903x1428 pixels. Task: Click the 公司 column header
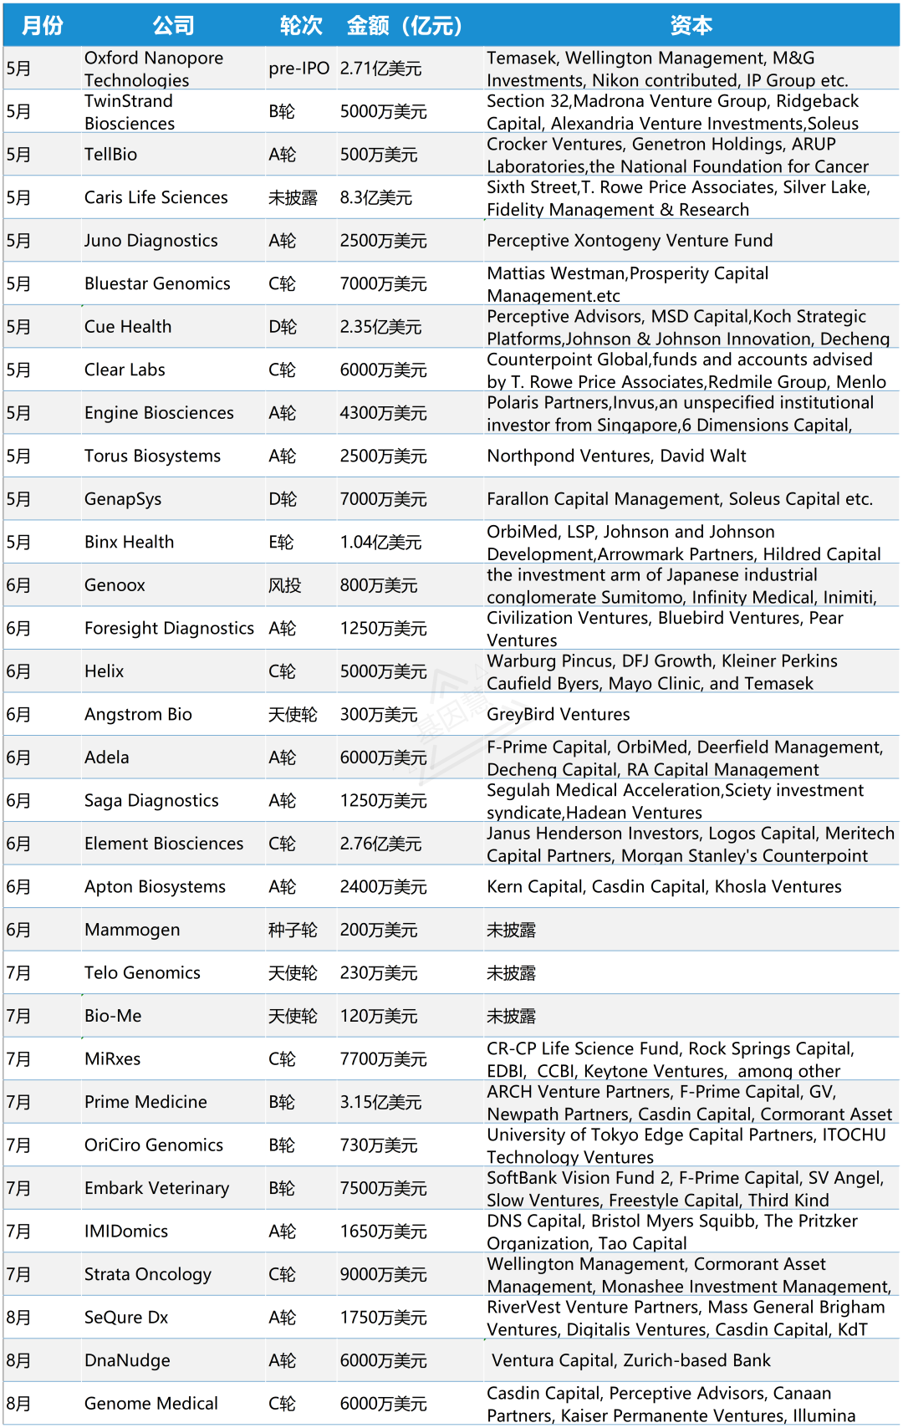[173, 26]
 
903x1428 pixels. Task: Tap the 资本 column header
[691, 26]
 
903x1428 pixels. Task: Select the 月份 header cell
[43, 26]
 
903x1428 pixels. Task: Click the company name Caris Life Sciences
[156, 198]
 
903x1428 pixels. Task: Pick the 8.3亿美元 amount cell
[375, 198]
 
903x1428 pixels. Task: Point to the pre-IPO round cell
[298, 69]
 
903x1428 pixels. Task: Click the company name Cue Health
[128, 327]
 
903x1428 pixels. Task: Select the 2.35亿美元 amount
[380, 327]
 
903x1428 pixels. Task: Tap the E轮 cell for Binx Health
[281, 543]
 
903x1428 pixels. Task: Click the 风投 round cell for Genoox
[284, 585]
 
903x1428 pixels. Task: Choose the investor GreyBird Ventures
[559, 715]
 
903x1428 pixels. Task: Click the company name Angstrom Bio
[138, 715]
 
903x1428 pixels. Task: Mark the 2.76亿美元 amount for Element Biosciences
[380, 844]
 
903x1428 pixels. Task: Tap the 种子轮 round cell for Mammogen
[293, 931]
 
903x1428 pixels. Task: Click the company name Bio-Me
[113, 1017]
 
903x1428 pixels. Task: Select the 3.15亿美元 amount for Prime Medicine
[380, 1103]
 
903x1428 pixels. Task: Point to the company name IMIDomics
[126, 1232]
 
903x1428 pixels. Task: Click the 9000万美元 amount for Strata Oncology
[383, 1275]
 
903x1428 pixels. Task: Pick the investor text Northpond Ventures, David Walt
[616, 456]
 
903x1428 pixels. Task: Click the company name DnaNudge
[127, 1361]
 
